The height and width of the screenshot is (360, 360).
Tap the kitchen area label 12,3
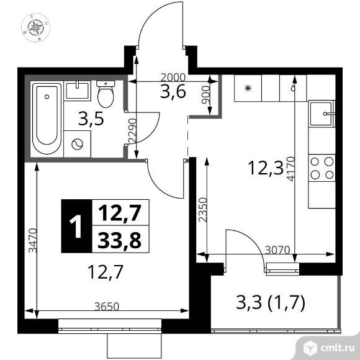click(x=261, y=166)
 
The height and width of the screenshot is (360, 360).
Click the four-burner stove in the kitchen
click(x=322, y=168)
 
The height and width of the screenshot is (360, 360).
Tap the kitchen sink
click(x=322, y=115)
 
